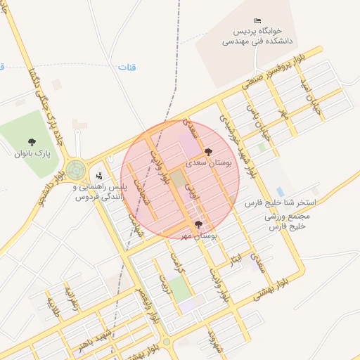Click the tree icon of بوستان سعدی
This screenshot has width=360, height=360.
(x=207, y=151)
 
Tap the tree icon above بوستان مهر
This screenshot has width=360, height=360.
(x=198, y=225)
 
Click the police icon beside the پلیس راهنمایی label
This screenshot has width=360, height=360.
(x=99, y=176)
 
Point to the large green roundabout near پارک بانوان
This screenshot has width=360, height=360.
(x=77, y=171)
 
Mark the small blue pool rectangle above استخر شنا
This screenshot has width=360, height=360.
(x=281, y=191)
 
